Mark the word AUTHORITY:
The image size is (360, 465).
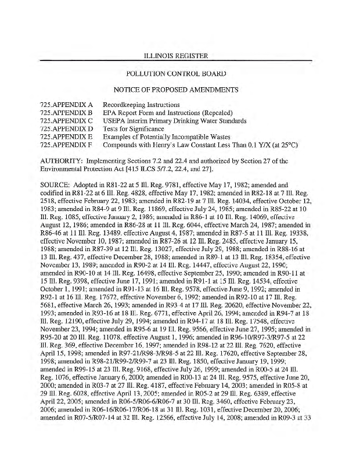pos(63,161)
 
